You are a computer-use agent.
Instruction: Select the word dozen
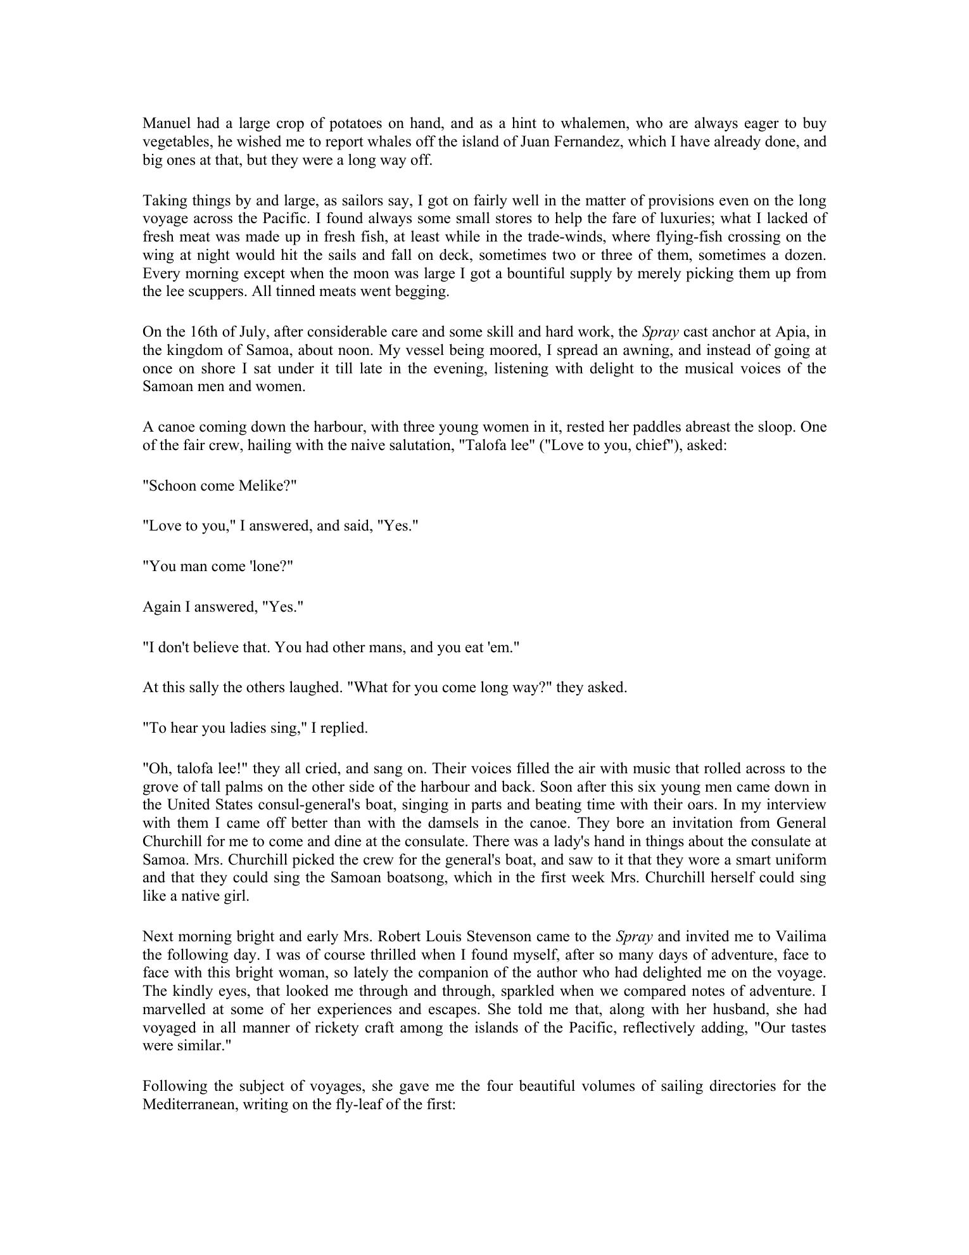[x=806, y=255]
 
